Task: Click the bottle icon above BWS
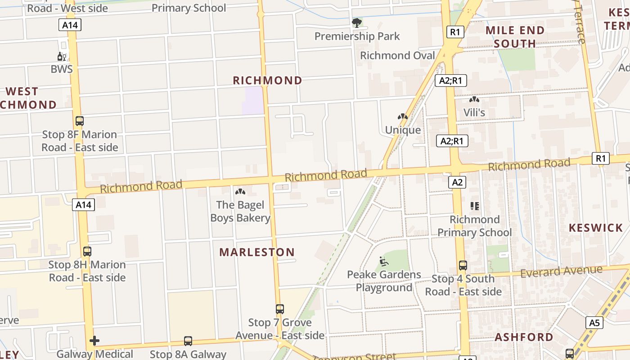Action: [x=62, y=56]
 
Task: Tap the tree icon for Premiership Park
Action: [x=357, y=22]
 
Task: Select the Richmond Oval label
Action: [x=398, y=55]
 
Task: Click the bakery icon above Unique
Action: [x=403, y=117]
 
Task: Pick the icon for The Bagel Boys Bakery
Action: [x=240, y=192]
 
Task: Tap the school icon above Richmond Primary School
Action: [x=475, y=206]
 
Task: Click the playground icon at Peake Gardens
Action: [x=384, y=261]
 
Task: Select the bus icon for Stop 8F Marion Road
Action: [x=80, y=121]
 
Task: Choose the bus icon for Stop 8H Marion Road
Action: [x=87, y=251]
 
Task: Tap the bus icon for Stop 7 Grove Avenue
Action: [x=280, y=309]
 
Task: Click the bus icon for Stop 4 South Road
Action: [x=463, y=265]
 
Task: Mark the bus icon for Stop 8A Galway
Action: [x=188, y=341]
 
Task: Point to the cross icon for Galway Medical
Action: [x=94, y=341]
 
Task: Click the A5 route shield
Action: [x=594, y=322]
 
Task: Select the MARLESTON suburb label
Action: [x=257, y=252]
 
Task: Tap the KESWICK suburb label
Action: [x=595, y=228]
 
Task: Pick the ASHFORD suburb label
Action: [x=524, y=337]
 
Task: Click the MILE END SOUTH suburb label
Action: [x=515, y=37]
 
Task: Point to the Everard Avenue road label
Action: [x=561, y=271]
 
